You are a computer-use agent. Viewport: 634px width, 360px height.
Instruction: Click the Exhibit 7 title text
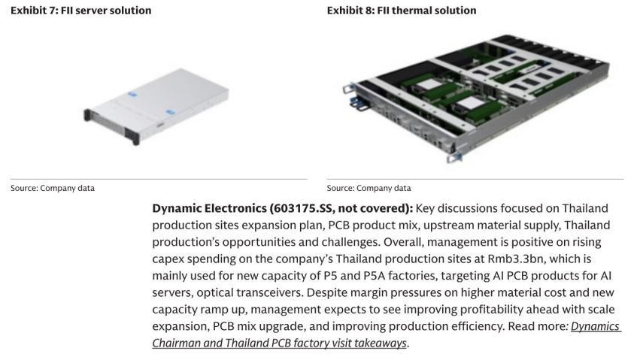81,11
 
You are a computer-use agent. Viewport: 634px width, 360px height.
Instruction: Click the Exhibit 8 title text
402,11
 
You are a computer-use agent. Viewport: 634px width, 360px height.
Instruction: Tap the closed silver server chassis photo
156,106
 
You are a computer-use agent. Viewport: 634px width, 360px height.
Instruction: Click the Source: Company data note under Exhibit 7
53,189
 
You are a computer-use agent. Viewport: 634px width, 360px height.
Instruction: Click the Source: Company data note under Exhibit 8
369,189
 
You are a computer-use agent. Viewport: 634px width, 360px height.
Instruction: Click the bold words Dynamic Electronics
209,208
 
